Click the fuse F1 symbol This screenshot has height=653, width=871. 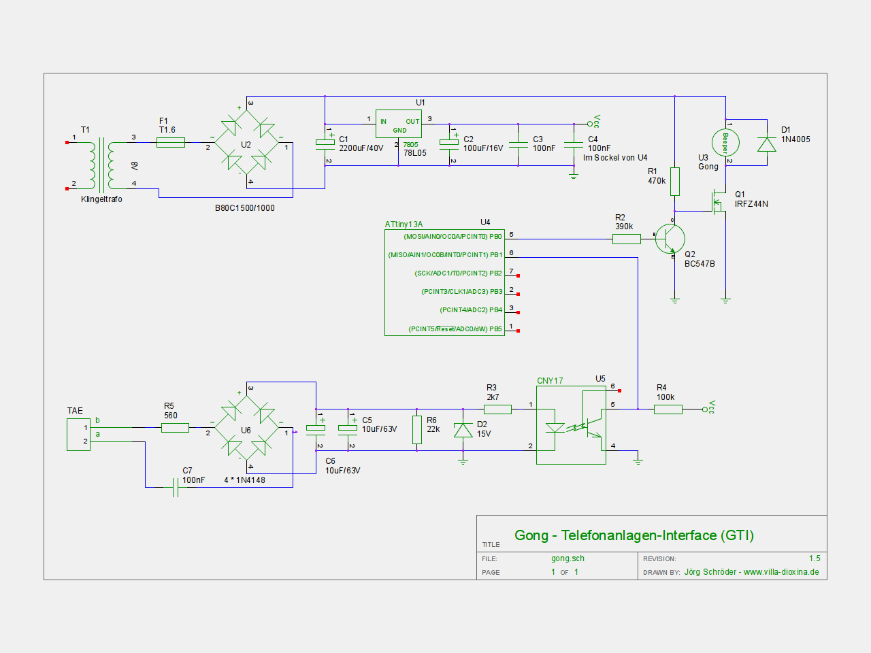(170, 142)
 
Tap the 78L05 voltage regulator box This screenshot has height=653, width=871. (398, 124)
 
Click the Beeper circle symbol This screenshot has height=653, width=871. (725, 143)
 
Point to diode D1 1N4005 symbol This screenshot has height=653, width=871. (767, 144)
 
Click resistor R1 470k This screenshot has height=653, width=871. (674, 181)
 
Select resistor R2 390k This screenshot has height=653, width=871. (627, 239)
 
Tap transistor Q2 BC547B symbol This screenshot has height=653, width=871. (670, 239)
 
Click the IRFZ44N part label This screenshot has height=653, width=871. (751, 204)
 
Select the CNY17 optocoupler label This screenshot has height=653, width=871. (550, 381)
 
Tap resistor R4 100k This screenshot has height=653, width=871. (668, 409)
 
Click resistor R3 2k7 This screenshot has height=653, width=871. (497, 409)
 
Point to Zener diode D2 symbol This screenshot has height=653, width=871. (463, 430)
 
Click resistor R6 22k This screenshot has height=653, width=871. (416, 430)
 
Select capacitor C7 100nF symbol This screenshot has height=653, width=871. (175, 487)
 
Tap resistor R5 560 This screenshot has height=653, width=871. (175, 427)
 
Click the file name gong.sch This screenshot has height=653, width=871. (568, 558)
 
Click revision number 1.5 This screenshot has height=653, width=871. (815, 558)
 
